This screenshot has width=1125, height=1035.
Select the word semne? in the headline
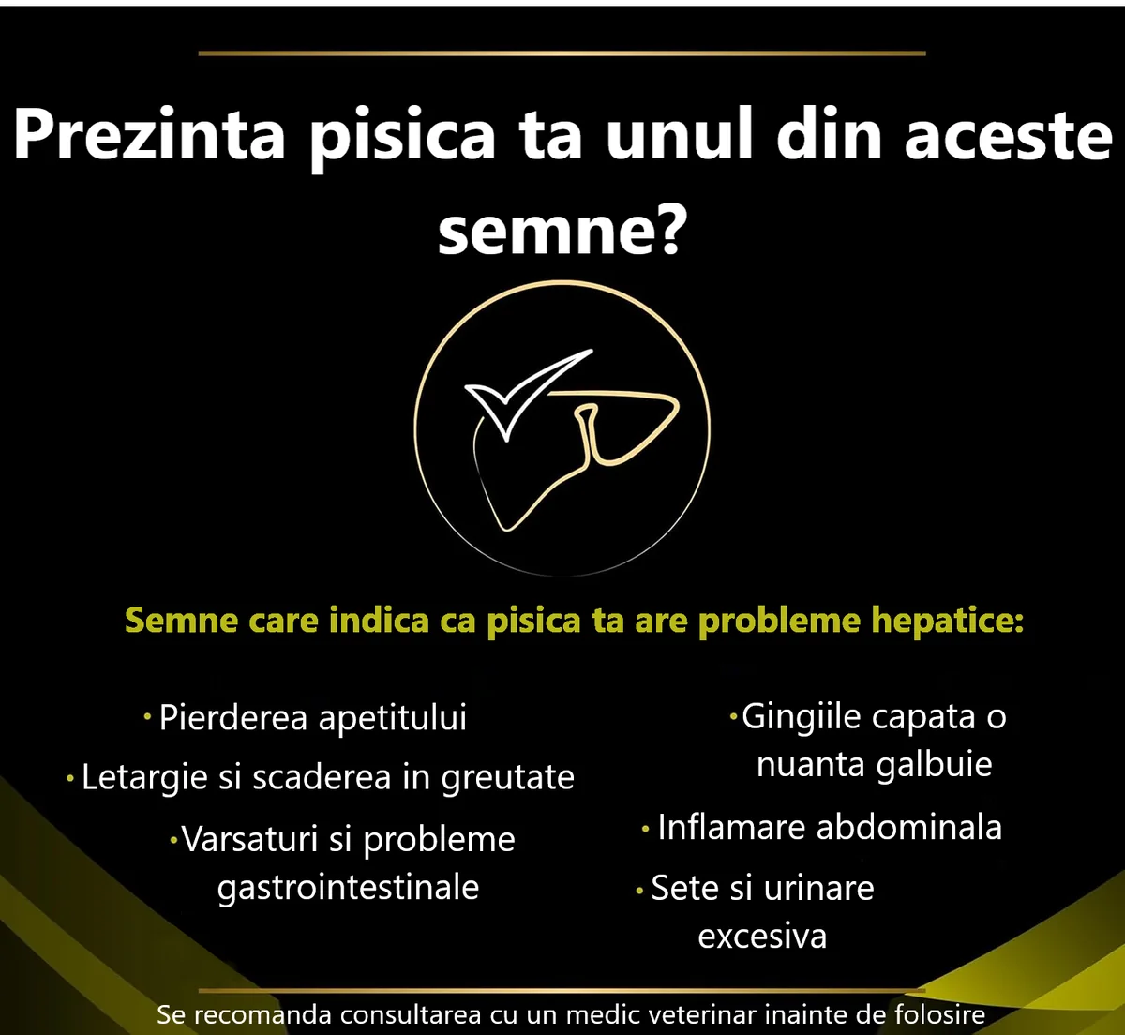point(562,229)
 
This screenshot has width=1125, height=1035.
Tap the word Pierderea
point(233,717)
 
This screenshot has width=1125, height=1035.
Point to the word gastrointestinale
point(348,889)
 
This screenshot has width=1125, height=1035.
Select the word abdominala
point(909,828)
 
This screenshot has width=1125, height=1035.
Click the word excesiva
point(762,937)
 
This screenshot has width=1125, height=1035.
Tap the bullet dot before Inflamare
point(646,829)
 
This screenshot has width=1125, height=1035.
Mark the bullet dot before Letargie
point(70,779)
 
